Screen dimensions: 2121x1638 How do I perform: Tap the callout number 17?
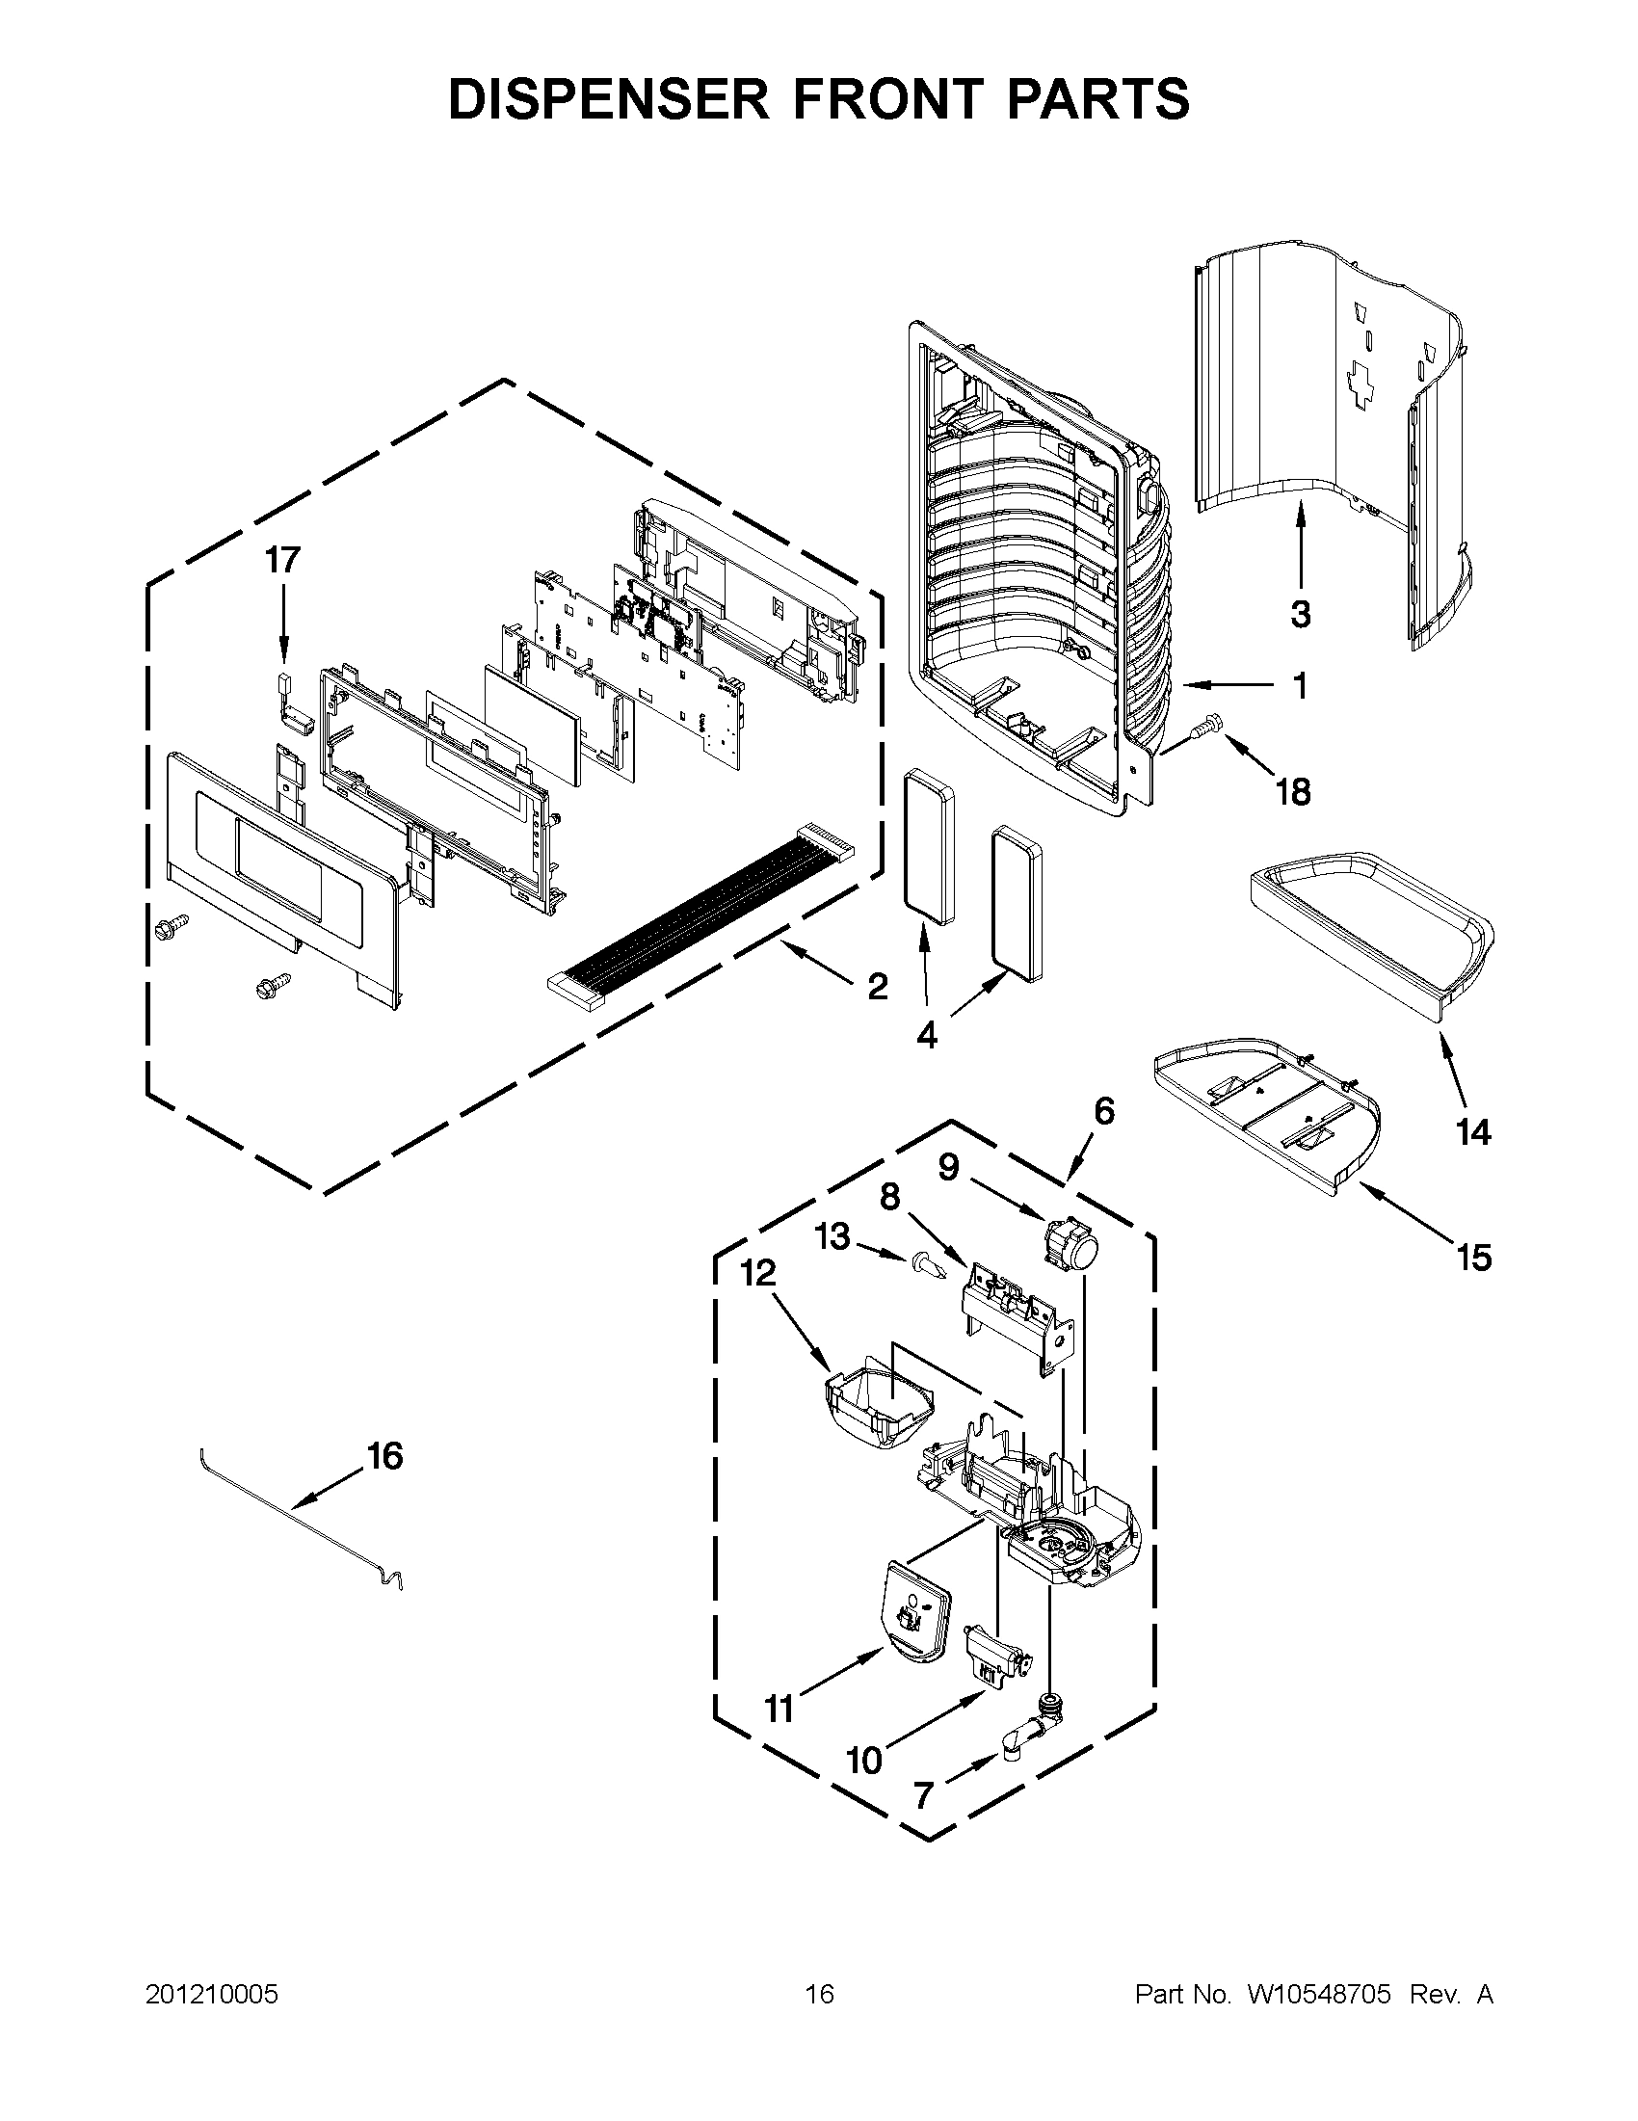click(x=283, y=560)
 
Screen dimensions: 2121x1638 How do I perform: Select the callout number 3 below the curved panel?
click(x=1300, y=614)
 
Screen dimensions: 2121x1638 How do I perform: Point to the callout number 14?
click(x=1473, y=1132)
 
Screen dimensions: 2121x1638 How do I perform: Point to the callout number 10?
click(x=864, y=1760)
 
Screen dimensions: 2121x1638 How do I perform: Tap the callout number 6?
click(x=1104, y=1111)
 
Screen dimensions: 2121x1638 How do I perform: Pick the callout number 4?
click(x=926, y=1037)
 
